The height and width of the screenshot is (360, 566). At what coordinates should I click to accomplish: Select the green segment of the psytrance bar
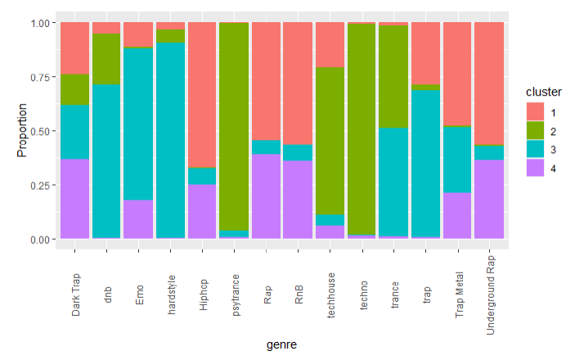point(235,115)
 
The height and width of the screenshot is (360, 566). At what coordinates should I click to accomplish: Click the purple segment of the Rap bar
point(267,196)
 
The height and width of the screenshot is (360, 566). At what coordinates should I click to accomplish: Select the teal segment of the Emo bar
point(138,124)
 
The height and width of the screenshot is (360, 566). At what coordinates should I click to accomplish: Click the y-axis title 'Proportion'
point(23,130)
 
